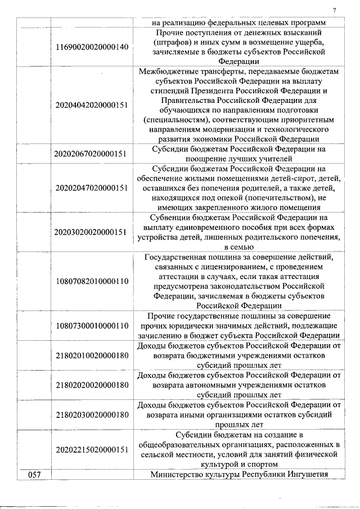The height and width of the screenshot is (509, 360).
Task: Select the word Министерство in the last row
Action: tap(176, 475)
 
